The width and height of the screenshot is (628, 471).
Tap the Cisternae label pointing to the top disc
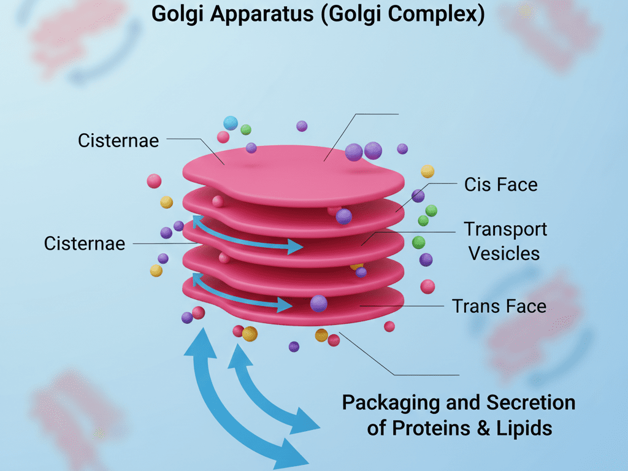tap(118, 140)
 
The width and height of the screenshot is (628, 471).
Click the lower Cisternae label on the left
tap(85, 243)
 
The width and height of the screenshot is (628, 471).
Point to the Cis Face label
tap(500, 185)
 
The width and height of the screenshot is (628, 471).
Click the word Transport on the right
tap(505, 229)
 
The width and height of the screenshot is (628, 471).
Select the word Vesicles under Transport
tap(504, 253)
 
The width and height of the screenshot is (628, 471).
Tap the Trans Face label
tap(499, 305)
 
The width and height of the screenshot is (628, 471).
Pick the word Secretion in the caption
tap(530, 403)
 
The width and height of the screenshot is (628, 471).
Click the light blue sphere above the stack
tap(231, 123)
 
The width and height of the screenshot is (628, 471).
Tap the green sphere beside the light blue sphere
tap(246, 129)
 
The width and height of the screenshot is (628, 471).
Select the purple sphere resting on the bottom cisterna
tap(318, 303)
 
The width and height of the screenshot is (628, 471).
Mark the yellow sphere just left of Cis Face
tap(427, 171)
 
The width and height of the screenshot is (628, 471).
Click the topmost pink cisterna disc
tap(294, 172)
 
